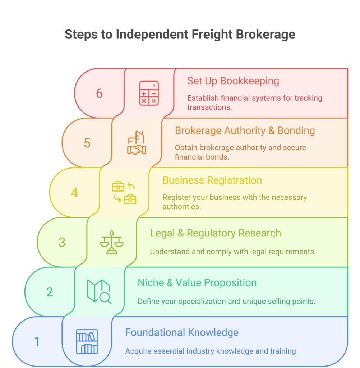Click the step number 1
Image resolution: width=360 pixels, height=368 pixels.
(37, 341)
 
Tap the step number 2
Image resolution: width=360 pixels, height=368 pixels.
(50, 292)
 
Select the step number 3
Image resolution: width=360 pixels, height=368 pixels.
(62, 242)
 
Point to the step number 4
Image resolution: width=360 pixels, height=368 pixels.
(74, 193)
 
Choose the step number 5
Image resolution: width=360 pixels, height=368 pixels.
(87, 143)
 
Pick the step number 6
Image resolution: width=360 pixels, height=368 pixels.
(99, 93)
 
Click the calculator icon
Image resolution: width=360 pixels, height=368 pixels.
(149, 93)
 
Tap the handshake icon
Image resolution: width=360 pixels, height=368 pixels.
(137, 143)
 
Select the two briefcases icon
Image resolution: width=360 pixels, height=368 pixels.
(124, 193)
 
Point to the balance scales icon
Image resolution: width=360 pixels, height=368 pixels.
(112, 242)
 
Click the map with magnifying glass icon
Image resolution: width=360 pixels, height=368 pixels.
(99, 291)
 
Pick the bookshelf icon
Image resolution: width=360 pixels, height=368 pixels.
(87, 341)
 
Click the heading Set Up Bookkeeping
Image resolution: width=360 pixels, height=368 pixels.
(233, 81)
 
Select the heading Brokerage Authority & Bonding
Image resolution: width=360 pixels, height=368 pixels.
(245, 130)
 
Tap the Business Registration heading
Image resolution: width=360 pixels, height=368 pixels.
(212, 180)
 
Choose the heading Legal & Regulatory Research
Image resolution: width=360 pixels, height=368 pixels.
(215, 233)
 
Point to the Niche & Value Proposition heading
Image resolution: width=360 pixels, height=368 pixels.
(197, 283)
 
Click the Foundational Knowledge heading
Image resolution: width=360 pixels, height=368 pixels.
(181, 332)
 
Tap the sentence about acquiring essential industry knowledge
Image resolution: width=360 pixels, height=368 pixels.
(211, 351)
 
